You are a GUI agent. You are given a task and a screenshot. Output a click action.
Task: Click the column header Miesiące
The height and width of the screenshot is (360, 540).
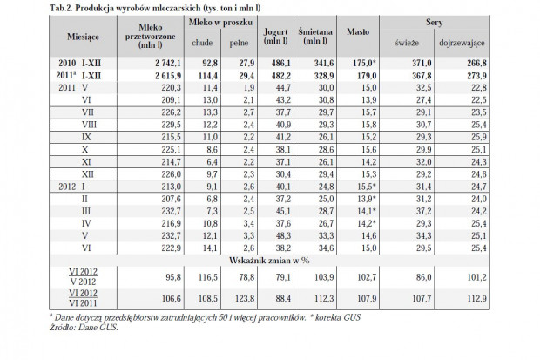[83, 37]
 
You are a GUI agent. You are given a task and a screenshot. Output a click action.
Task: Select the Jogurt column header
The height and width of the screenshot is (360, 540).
[275, 37]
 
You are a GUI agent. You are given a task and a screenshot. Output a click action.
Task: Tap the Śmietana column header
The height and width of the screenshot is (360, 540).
[315, 37]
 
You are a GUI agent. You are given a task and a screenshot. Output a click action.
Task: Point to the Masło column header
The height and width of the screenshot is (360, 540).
[358, 31]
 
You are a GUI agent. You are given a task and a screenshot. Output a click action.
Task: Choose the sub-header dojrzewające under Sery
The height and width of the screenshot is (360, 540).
[462, 43]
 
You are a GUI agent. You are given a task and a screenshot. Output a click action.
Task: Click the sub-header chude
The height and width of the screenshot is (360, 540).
[202, 43]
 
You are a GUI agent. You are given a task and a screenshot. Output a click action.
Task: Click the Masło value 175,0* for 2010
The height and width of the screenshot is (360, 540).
[364, 63]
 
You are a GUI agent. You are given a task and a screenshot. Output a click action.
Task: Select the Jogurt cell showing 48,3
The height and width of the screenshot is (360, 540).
[283, 236]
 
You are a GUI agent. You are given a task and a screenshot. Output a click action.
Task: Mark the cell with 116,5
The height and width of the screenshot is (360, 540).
[207, 277]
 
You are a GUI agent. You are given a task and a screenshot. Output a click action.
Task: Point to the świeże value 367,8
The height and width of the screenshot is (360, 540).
[422, 76]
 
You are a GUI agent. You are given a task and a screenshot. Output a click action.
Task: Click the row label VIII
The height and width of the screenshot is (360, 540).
[89, 125]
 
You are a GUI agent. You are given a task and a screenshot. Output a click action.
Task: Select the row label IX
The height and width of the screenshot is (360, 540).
[86, 137]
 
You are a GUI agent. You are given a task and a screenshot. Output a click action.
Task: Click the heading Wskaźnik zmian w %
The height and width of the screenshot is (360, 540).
[269, 261]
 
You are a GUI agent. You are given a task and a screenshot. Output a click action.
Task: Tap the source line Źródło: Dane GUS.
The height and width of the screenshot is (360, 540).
[84, 327]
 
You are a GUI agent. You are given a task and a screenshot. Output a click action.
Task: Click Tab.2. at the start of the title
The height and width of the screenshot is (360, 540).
[61, 8]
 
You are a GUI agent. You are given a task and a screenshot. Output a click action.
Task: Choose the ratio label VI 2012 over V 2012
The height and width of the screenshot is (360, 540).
[83, 277]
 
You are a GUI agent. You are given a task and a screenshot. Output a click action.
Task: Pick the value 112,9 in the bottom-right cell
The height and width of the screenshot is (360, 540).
[476, 298]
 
